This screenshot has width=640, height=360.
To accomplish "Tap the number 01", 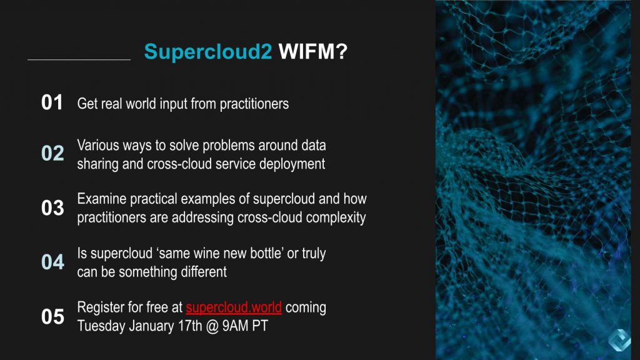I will point(52,103).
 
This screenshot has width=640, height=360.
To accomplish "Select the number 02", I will point(52,154).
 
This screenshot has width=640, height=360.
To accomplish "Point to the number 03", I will point(52,208).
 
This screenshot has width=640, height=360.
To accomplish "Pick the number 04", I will point(52,262).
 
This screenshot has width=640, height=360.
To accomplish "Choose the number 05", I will point(52,317).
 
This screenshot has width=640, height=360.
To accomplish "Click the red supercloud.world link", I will point(234,307).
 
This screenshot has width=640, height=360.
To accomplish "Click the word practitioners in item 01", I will point(253,104).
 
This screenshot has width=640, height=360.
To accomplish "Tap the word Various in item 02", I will point(97,145).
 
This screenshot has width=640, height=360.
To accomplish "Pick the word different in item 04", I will point(201,272).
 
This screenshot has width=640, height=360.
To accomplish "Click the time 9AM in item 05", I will point(236,326).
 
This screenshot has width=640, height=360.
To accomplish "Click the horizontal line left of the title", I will point(79,60).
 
